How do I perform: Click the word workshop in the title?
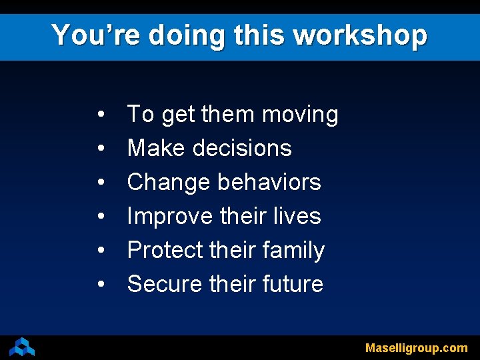tap(361, 35)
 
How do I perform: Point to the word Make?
tap(154, 148)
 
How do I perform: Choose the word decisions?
tap(242, 148)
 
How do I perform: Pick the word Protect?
tap(165, 250)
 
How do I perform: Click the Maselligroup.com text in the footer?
tap(416, 348)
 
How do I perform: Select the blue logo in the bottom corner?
tap(22, 347)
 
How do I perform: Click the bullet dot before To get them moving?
tap(99, 115)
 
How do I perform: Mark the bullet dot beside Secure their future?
tap(99, 285)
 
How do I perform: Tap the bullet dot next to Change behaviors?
tap(99, 183)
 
